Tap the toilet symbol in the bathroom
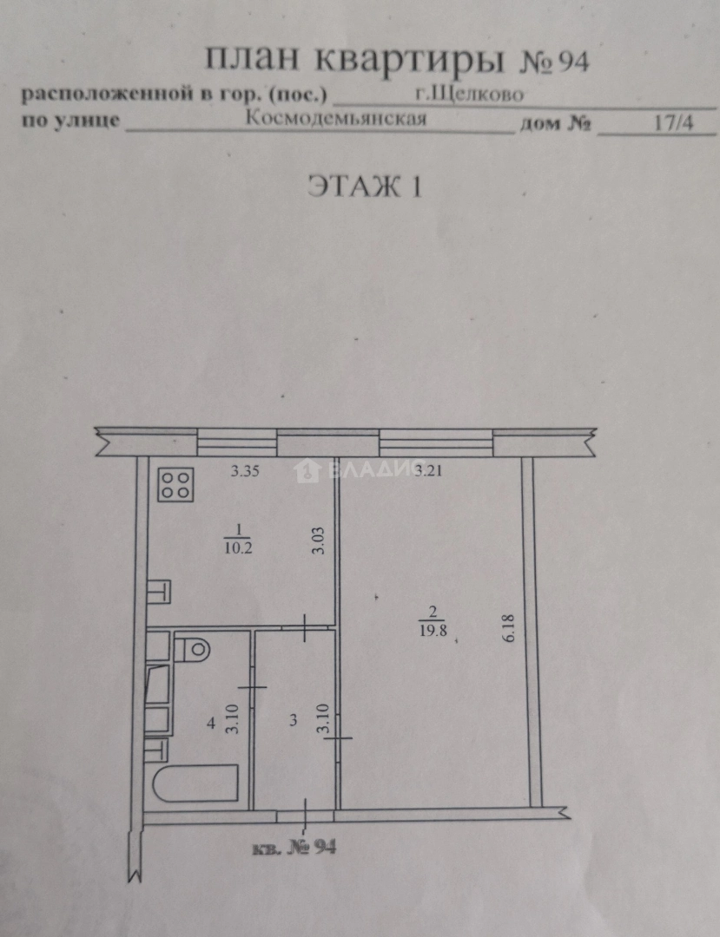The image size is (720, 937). coord(192,647)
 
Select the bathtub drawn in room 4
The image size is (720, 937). coord(195,785)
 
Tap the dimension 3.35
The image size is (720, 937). coord(246,473)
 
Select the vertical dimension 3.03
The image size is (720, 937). coord(319,539)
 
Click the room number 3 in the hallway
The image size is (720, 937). coord(294,719)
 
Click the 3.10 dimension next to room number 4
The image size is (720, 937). coord(232,718)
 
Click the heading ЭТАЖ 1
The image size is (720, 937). coord(364,187)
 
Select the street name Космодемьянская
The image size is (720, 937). coord(336,119)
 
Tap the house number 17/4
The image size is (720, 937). coord(673,122)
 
